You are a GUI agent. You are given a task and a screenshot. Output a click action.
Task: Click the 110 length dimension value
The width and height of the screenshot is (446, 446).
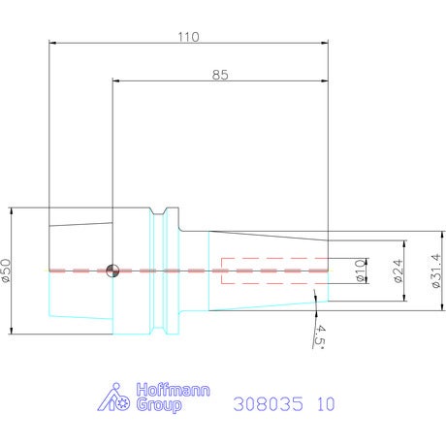click(x=189, y=37)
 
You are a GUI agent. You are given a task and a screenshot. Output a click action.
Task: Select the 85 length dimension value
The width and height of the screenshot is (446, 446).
click(x=220, y=75)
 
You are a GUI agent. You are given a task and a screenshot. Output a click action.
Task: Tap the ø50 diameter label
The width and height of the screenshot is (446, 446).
click(x=6, y=271)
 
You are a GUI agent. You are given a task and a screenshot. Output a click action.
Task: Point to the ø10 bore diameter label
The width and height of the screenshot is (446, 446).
click(x=360, y=271)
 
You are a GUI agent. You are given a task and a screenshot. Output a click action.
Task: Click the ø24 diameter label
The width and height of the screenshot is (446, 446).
click(x=398, y=271)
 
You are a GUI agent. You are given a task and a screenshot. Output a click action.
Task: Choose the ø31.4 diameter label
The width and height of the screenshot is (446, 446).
click(x=436, y=271)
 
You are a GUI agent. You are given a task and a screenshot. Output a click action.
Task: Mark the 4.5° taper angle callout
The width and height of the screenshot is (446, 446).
click(x=319, y=337)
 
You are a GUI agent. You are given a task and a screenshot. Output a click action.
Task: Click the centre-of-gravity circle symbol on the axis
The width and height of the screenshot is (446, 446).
click(x=112, y=271)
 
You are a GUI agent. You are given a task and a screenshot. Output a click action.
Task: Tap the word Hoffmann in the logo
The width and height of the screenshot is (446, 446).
click(x=173, y=390)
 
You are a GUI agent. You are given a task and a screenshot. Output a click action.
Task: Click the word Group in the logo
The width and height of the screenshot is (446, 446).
click(x=159, y=405)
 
